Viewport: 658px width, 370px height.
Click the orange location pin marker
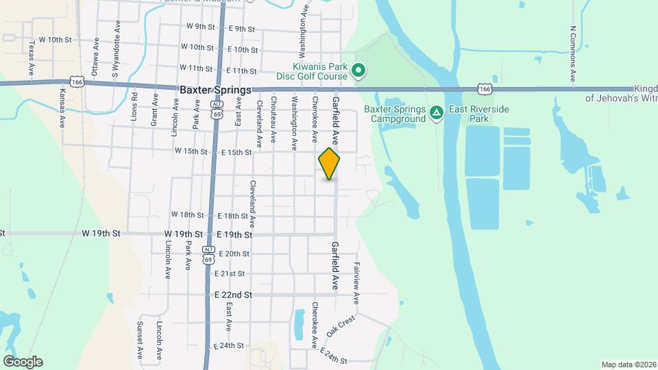pos(330,164)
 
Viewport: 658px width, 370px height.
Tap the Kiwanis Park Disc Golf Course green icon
pos(357,70)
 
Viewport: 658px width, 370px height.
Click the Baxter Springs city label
pos(215,90)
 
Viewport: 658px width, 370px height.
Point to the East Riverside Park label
pos(470,114)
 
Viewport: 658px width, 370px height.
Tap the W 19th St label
pos(101,234)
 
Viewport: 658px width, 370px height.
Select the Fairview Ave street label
pos(356,283)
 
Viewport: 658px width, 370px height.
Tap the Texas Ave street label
pos(32,58)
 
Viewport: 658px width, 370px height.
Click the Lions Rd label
pos(134,107)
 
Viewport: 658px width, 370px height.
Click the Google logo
pos(23,361)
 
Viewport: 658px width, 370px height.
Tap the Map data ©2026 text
pos(628,365)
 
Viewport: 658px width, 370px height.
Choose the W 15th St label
pos(191,151)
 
